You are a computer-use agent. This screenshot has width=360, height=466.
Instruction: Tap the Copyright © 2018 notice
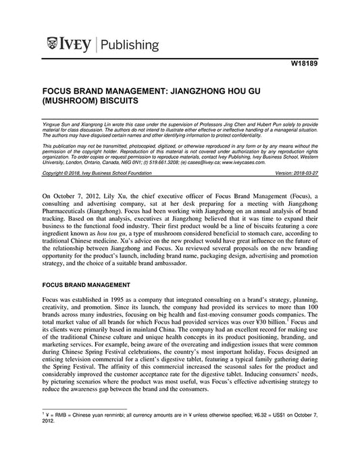click(x=61, y=173)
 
